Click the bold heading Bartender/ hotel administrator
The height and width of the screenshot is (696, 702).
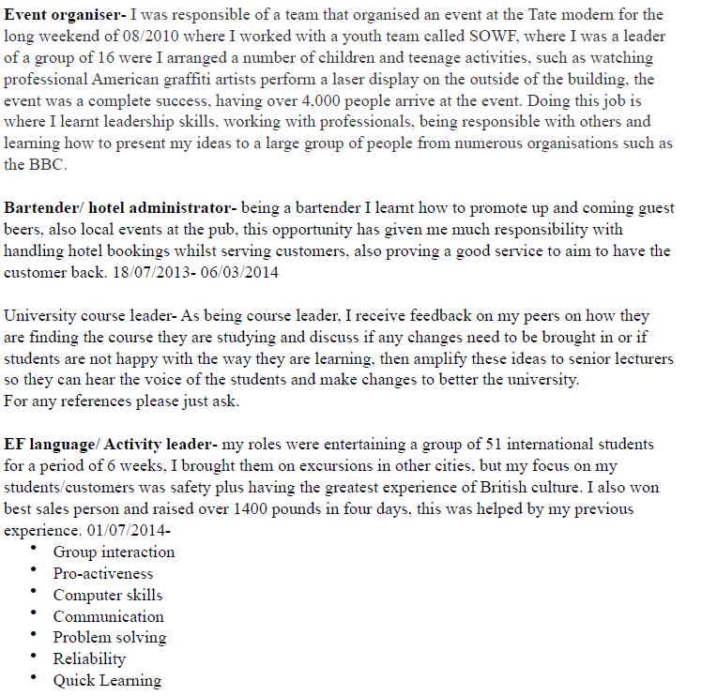121,208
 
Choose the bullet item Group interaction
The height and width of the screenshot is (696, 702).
114,552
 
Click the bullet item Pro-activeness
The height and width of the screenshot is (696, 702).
102,574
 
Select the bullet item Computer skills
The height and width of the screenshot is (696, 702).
107,596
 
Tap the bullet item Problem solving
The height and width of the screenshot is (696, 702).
109,638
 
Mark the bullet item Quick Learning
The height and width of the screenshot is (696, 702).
106,681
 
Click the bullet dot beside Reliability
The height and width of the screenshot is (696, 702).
34,657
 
